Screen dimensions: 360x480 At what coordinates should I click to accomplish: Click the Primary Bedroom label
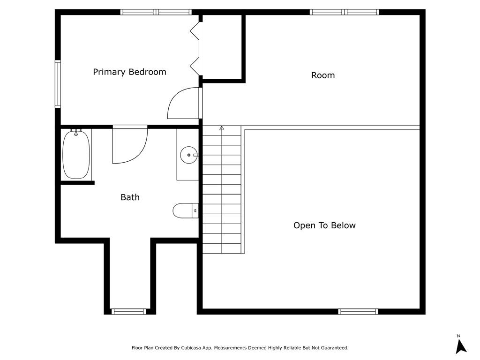[x=129, y=72]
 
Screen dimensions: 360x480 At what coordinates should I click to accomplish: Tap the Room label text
[x=323, y=75]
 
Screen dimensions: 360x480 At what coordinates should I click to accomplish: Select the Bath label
[x=130, y=197]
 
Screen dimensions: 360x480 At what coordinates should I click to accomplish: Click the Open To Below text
[x=324, y=225]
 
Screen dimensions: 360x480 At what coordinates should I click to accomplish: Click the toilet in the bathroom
[x=186, y=211]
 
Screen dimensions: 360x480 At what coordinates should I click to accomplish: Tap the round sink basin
[x=188, y=154]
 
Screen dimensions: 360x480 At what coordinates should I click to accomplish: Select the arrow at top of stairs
[x=222, y=128]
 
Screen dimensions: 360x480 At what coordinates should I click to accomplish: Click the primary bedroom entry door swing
[x=183, y=103]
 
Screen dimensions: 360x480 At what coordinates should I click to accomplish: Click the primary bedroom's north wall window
[x=156, y=12]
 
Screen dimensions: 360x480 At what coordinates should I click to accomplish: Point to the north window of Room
[x=345, y=12]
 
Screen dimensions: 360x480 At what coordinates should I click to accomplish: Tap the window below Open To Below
[x=358, y=311]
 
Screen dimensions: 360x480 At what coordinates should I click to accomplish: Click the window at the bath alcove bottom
[x=128, y=311]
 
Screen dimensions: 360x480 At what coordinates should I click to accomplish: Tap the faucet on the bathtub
[x=76, y=133]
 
